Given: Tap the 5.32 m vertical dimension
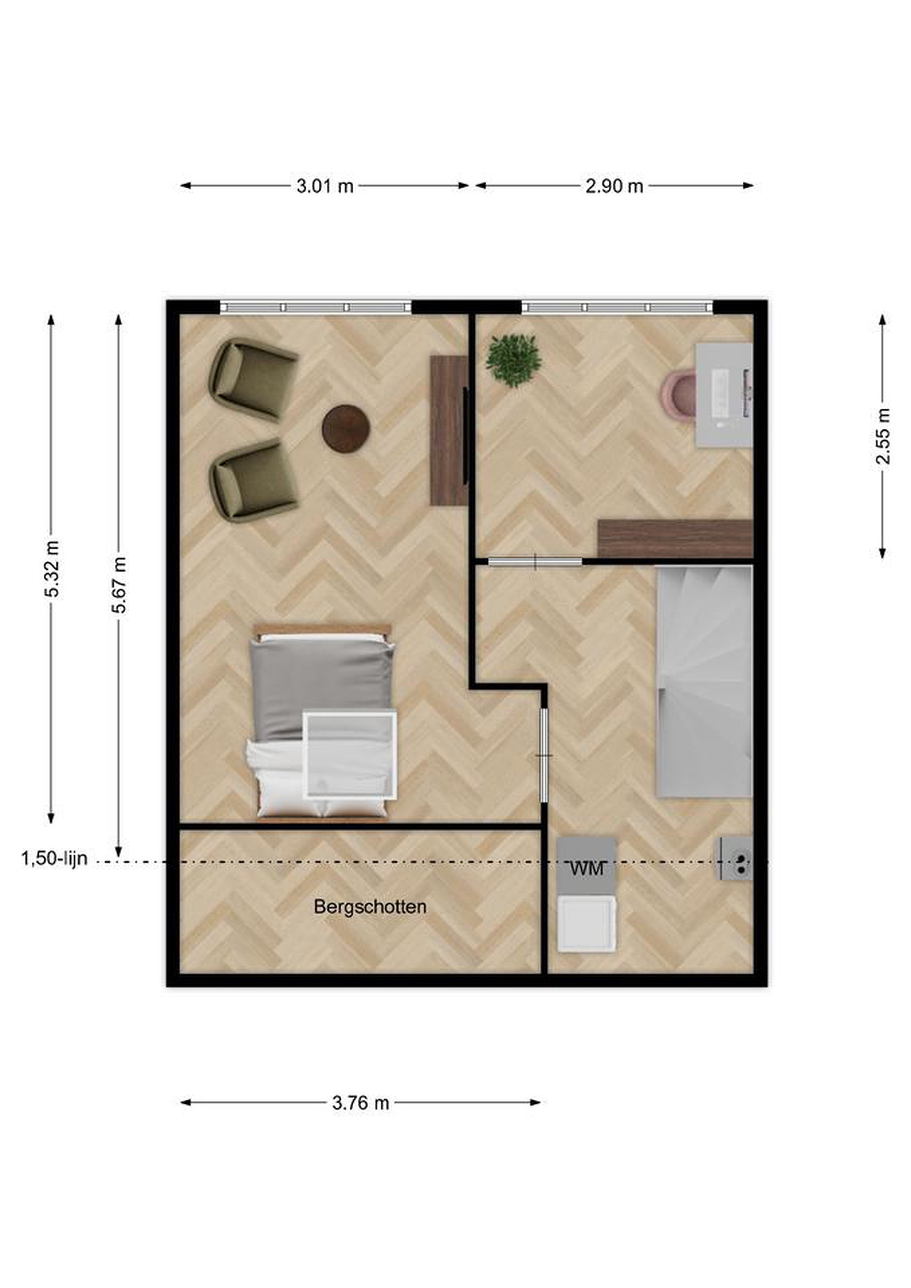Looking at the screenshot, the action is pyautogui.click(x=52, y=569).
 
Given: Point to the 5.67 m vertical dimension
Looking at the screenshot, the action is pyautogui.click(x=119, y=584).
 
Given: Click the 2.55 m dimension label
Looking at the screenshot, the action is pyautogui.click(x=884, y=436).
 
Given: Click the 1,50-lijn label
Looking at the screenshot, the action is pyautogui.click(x=55, y=858).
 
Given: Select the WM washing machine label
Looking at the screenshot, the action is pyautogui.click(x=587, y=869).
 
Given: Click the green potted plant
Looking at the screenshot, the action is pyautogui.click(x=513, y=360).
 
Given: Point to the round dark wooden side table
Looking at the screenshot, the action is pyautogui.click(x=346, y=428).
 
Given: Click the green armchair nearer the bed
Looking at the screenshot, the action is pyautogui.click(x=254, y=481).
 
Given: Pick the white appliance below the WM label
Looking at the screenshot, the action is pyautogui.click(x=586, y=924).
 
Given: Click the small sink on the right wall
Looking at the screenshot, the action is pyautogui.click(x=736, y=858).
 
